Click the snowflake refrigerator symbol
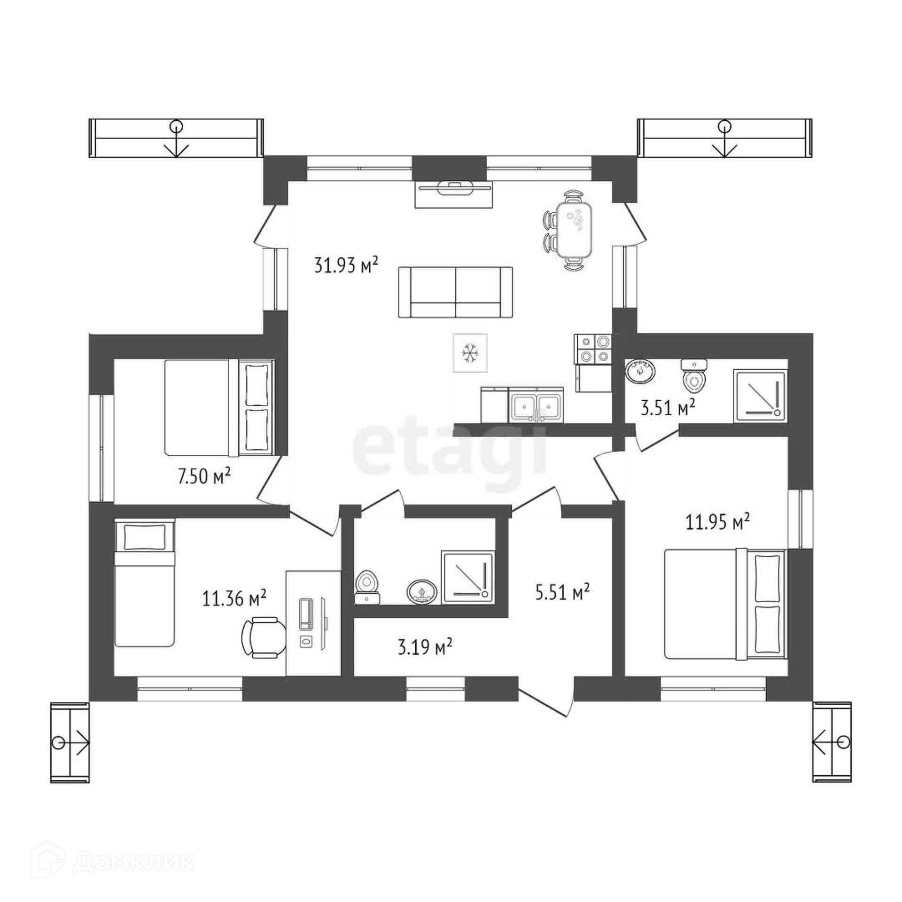[x=470, y=353]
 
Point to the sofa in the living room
[x=455, y=292]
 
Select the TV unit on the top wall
[x=454, y=193]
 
